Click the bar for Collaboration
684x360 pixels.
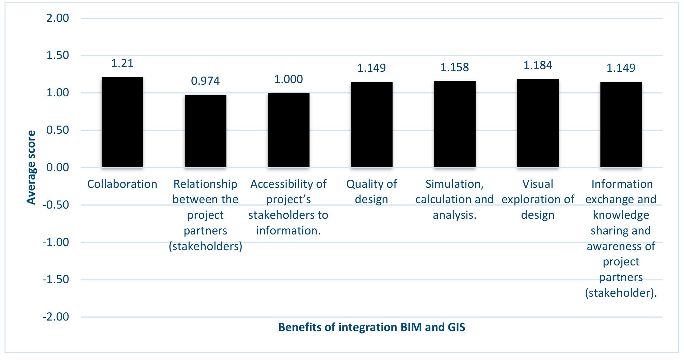(x=122, y=122)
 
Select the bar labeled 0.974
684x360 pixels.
(x=205, y=131)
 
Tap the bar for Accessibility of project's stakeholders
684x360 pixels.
(x=288, y=130)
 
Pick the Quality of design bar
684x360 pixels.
(x=371, y=125)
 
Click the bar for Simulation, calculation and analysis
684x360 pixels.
(x=455, y=124)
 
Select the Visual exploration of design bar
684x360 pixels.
(x=538, y=123)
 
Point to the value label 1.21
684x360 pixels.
(x=122, y=63)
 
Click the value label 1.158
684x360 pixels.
(x=455, y=67)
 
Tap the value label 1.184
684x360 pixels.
(x=538, y=65)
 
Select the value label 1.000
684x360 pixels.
(x=288, y=79)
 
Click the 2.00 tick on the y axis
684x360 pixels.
(x=58, y=18)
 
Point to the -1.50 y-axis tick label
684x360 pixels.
(x=56, y=280)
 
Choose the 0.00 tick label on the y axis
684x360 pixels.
(x=58, y=167)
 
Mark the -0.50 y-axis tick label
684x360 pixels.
(x=56, y=205)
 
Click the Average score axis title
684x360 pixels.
(x=31, y=167)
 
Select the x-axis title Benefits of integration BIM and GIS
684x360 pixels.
(x=371, y=327)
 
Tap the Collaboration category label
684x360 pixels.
(x=122, y=184)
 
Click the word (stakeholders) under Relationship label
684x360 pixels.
(x=205, y=246)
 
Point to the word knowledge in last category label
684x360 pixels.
(x=621, y=215)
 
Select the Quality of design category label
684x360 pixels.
(x=371, y=192)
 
